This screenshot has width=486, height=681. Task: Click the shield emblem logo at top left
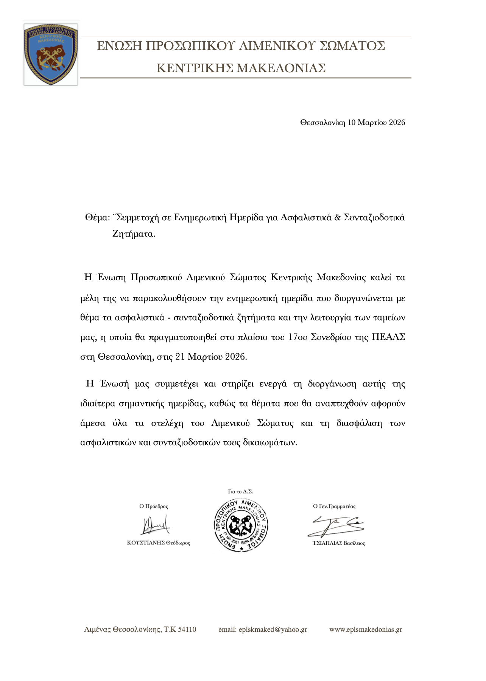click(51, 54)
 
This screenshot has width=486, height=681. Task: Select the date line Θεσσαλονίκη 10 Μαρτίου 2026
click(352, 122)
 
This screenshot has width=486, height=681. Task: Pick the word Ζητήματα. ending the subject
click(134, 234)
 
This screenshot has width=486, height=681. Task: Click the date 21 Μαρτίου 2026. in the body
click(211, 357)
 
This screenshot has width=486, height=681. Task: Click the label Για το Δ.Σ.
click(240, 492)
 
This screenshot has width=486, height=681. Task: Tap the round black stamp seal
click(241, 524)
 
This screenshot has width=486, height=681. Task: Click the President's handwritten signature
click(155, 525)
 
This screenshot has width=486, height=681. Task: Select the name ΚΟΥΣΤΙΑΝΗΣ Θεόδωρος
click(159, 543)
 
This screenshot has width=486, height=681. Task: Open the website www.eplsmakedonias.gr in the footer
click(366, 630)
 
